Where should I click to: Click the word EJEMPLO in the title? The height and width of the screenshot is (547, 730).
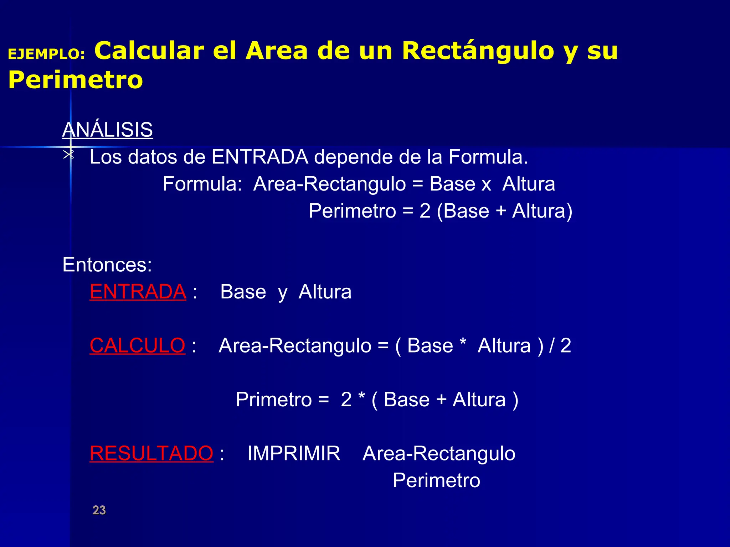pyautogui.click(x=46, y=54)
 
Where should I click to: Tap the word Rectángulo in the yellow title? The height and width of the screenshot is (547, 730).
pyautogui.click(x=478, y=51)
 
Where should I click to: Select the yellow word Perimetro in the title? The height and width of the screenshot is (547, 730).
pyautogui.click(x=76, y=80)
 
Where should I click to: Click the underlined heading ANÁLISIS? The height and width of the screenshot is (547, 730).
pyautogui.click(x=107, y=130)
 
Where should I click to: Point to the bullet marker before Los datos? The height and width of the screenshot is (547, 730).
pyautogui.click(x=68, y=155)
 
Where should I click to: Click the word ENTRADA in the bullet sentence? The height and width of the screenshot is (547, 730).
pyautogui.click(x=260, y=157)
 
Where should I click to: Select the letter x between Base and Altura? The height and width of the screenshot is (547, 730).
pyautogui.click(x=486, y=185)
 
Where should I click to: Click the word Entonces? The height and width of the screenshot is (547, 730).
pyautogui.click(x=107, y=265)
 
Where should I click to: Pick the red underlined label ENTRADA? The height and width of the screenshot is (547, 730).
pyautogui.click(x=138, y=292)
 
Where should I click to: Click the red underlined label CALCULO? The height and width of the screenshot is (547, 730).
pyautogui.click(x=137, y=345)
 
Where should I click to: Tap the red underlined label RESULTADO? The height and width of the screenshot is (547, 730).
pyautogui.click(x=151, y=453)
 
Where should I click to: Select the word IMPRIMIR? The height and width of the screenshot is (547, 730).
pyautogui.click(x=294, y=453)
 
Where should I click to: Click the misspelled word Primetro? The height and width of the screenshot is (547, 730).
pyautogui.click(x=273, y=400)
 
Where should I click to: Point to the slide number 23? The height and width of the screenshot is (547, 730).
pyautogui.click(x=99, y=510)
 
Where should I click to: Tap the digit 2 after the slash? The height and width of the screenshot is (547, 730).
pyautogui.click(x=566, y=345)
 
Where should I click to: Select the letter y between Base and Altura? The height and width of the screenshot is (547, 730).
pyautogui.click(x=282, y=293)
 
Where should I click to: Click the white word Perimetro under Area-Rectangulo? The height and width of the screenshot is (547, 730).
pyautogui.click(x=436, y=480)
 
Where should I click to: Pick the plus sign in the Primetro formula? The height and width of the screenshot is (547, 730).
pyautogui.click(x=441, y=399)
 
